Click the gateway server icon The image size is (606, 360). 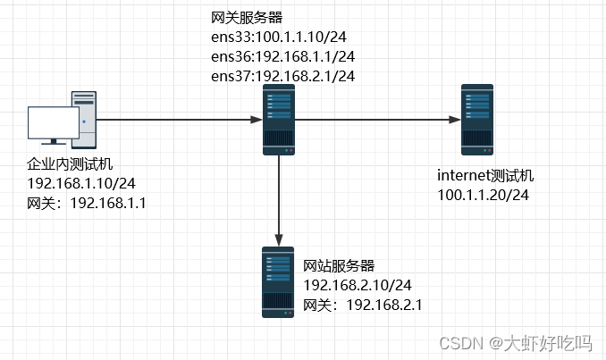click(279, 119)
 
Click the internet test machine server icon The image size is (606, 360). click(477, 119)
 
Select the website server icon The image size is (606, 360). click(279, 281)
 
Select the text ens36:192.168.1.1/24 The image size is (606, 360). click(282, 56)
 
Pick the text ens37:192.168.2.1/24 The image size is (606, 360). click(282, 76)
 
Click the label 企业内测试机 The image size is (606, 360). click(71, 165)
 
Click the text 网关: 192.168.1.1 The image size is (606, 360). click(87, 203)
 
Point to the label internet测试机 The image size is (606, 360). click(485, 174)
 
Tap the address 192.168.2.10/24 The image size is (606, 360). click(358, 285)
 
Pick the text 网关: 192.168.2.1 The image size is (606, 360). click(363, 305)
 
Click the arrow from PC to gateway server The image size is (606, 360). click(179, 119)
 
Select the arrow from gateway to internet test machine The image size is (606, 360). click(375, 119)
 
